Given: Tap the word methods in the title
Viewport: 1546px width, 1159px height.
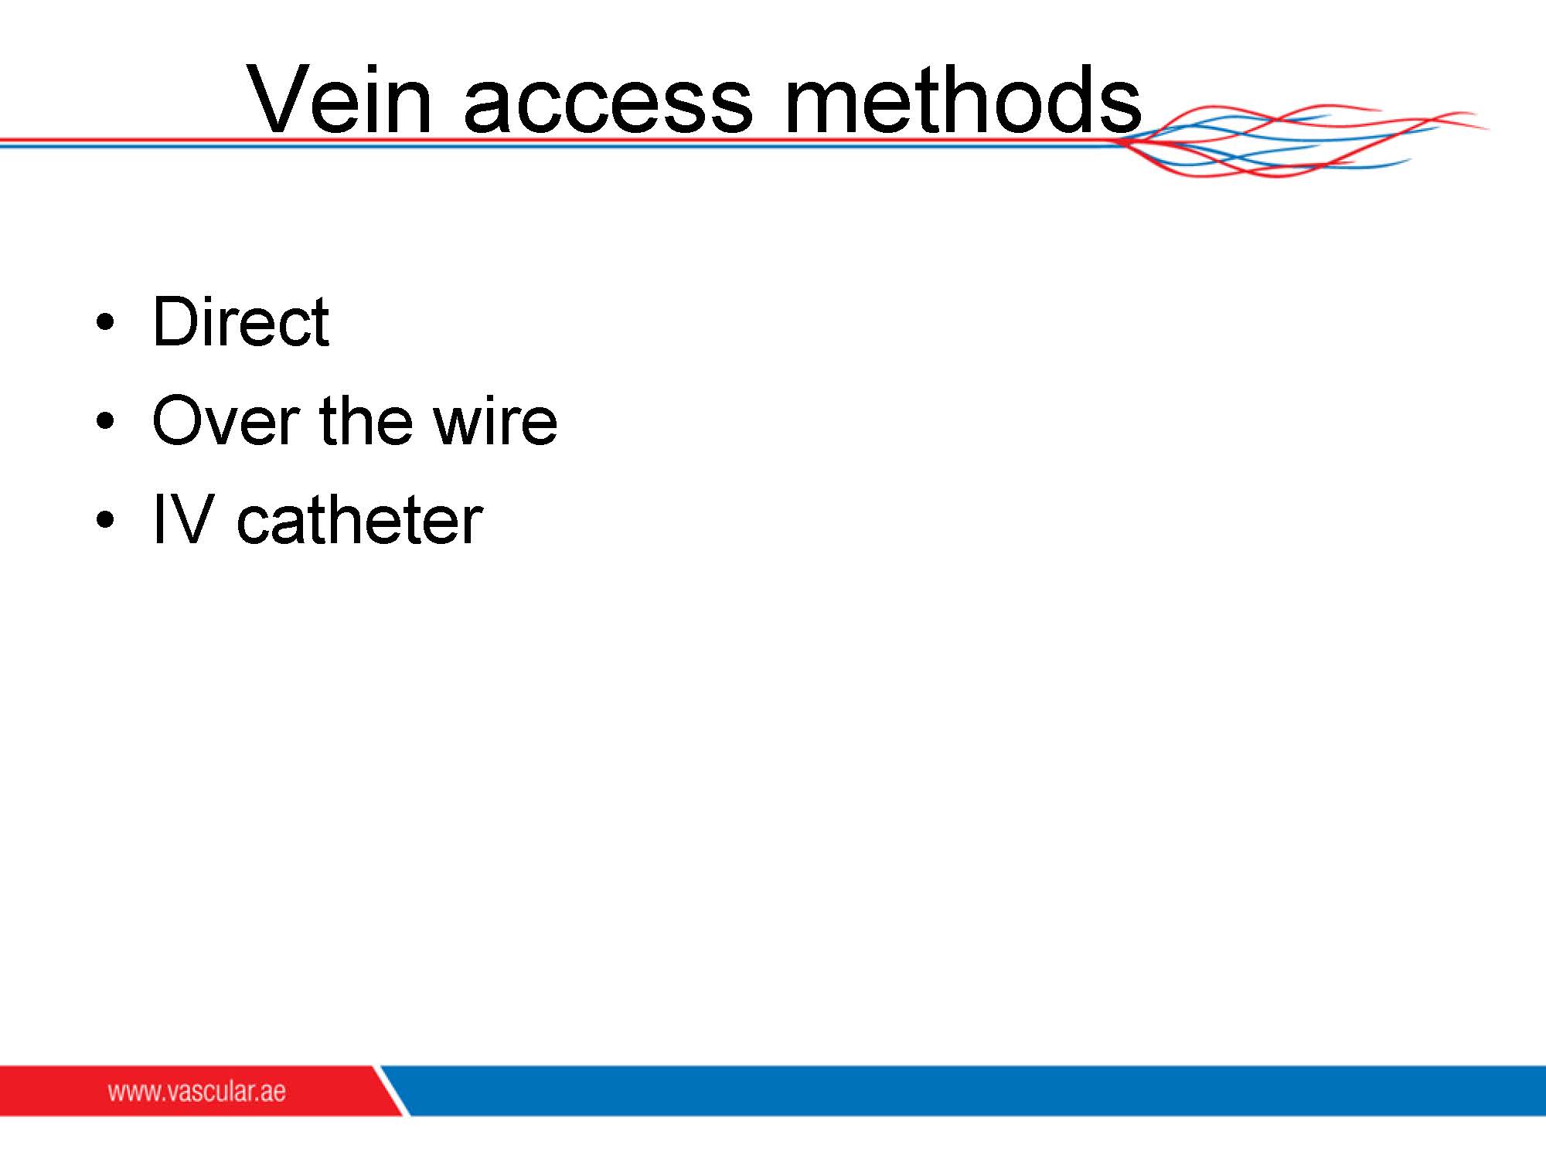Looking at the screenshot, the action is click(963, 99).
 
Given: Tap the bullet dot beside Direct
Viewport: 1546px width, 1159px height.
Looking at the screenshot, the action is click(105, 323).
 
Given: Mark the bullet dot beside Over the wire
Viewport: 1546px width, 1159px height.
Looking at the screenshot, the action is click(105, 422).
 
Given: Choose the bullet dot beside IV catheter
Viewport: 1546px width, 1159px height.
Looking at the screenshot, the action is click(105, 521).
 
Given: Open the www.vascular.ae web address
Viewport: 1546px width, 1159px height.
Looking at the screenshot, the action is click(196, 1092).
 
